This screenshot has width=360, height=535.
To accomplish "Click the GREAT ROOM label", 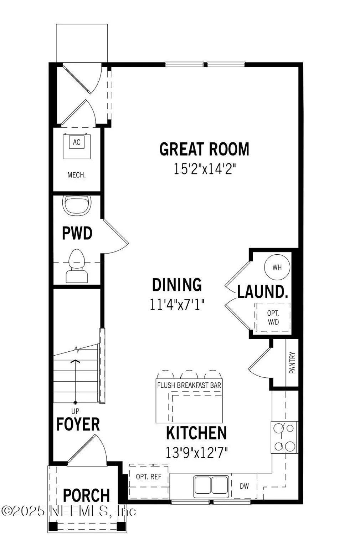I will (x=204, y=149).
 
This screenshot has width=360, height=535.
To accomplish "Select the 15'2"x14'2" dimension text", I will (x=205, y=169).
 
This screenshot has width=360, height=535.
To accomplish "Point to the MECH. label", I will (x=76, y=175).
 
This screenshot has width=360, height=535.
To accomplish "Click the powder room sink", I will (x=77, y=205).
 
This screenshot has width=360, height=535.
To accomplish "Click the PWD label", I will (x=77, y=233).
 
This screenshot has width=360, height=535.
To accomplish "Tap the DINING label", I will (x=177, y=285).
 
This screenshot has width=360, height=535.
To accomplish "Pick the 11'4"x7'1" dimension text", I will (x=177, y=305).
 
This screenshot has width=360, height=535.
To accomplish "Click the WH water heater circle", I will (x=277, y=267).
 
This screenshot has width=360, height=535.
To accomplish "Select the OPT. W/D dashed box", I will (x=273, y=317).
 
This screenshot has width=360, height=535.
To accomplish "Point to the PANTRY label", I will (x=292, y=363).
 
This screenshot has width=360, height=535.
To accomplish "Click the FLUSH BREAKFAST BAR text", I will (x=189, y=385).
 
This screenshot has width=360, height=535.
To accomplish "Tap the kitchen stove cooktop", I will (x=284, y=437).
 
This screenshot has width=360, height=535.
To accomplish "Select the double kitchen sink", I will (x=211, y=486).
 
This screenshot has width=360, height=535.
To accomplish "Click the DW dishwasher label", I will (x=244, y=486).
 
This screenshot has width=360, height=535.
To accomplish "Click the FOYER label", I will (x=78, y=424).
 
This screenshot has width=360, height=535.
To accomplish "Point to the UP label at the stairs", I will (x=75, y=411).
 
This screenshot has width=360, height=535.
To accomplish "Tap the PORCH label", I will (x=86, y=495).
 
